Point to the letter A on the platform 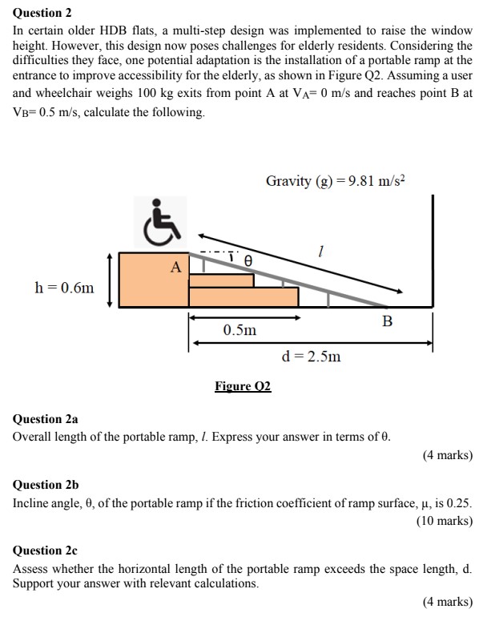pyautogui.click(x=175, y=268)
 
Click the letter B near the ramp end pyautogui.click(x=388, y=321)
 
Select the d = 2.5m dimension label pyautogui.click(x=311, y=356)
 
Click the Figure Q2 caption pyautogui.click(x=243, y=386)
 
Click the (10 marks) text pyautogui.click(x=444, y=521)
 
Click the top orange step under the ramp pyautogui.click(x=221, y=280)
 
